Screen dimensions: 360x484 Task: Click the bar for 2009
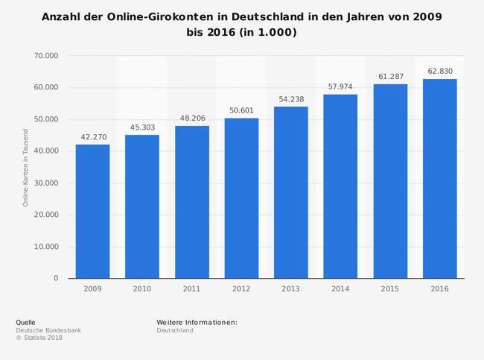[92, 211]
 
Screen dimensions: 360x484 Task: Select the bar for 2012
[241, 198]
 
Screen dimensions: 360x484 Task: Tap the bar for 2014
[340, 186]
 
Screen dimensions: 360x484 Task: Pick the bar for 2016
[439, 178]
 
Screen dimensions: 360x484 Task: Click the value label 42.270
[92, 136]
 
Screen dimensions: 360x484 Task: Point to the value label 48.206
[191, 118]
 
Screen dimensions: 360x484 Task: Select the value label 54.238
[290, 99]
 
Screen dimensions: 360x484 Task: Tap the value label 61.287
[390, 77]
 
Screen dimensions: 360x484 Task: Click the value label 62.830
[439, 72]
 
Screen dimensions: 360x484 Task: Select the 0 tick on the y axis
[55, 279]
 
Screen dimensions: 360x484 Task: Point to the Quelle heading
[25, 322]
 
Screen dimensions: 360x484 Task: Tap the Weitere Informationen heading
[197, 322]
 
